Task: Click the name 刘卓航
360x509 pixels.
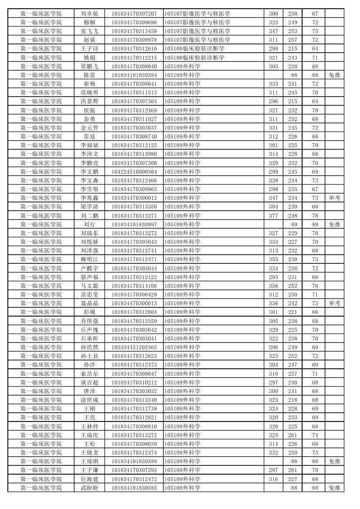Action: point(89,14)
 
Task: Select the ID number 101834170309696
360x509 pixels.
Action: point(134,22)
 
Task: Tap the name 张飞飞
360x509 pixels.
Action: point(89,31)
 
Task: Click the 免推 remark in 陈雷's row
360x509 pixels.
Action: point(334,75)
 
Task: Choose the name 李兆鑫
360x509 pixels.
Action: point(89,198)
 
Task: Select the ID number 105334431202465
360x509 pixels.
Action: point(134,347)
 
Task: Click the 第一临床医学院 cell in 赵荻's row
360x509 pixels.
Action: point(41,40)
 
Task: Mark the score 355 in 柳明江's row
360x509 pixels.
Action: point(273,260)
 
